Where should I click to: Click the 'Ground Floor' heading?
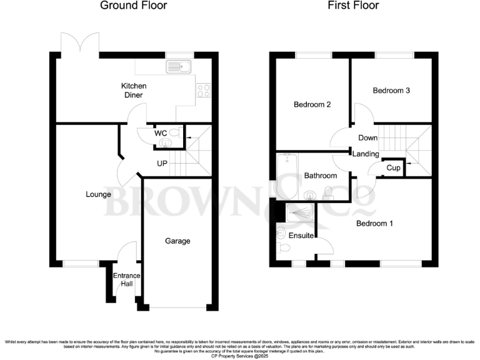(x=134, y=6)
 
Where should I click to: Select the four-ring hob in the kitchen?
(x=203, y=91)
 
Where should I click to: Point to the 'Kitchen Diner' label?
(x=133, y=90)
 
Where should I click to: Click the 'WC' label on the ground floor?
(x=160, y=132)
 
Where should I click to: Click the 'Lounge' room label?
(x=98, y=194)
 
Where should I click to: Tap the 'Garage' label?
(x=177, y=241)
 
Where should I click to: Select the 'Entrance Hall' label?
(x=127, y=280)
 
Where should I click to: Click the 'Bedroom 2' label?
(x=312, y=104)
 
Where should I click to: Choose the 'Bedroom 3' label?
(x=391, y=91)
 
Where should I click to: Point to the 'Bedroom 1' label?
(x=374, y=222)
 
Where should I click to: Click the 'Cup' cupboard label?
(x=393, y=168)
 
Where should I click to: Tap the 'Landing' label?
(x=366, y=154)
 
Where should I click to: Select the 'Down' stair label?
(x=367, y=137)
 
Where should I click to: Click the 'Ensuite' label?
(x=301, y=236)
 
